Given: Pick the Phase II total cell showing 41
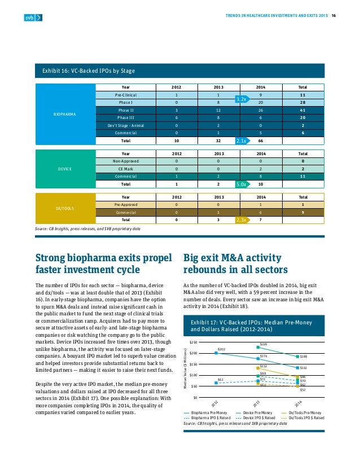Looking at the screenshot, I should click(302, 110).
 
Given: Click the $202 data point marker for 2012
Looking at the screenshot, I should click(216, 337).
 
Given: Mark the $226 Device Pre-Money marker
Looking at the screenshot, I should click(258, 332).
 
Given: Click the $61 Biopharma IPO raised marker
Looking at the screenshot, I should click(216, 367).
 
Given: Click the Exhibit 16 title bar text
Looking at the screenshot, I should click(88, 71).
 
